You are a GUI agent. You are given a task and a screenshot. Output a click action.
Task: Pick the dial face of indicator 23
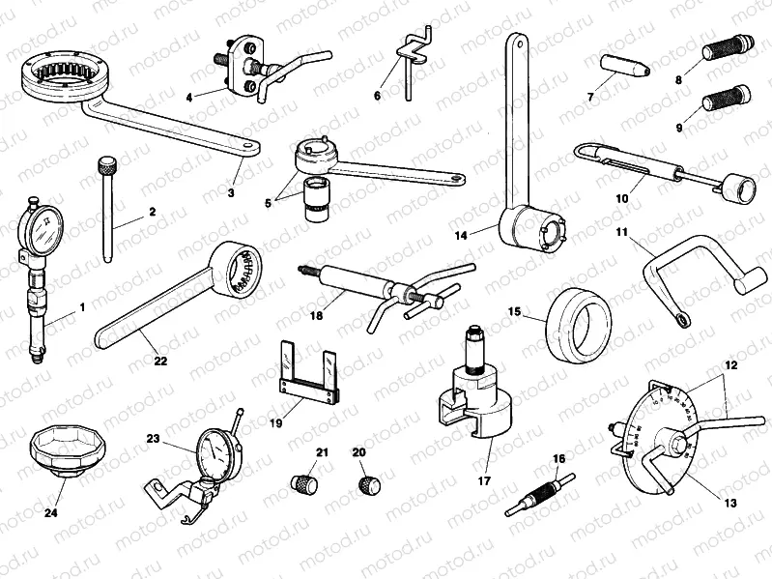(x=216, y=452)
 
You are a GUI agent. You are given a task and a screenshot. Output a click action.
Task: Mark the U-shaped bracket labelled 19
(x=309, y=374)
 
